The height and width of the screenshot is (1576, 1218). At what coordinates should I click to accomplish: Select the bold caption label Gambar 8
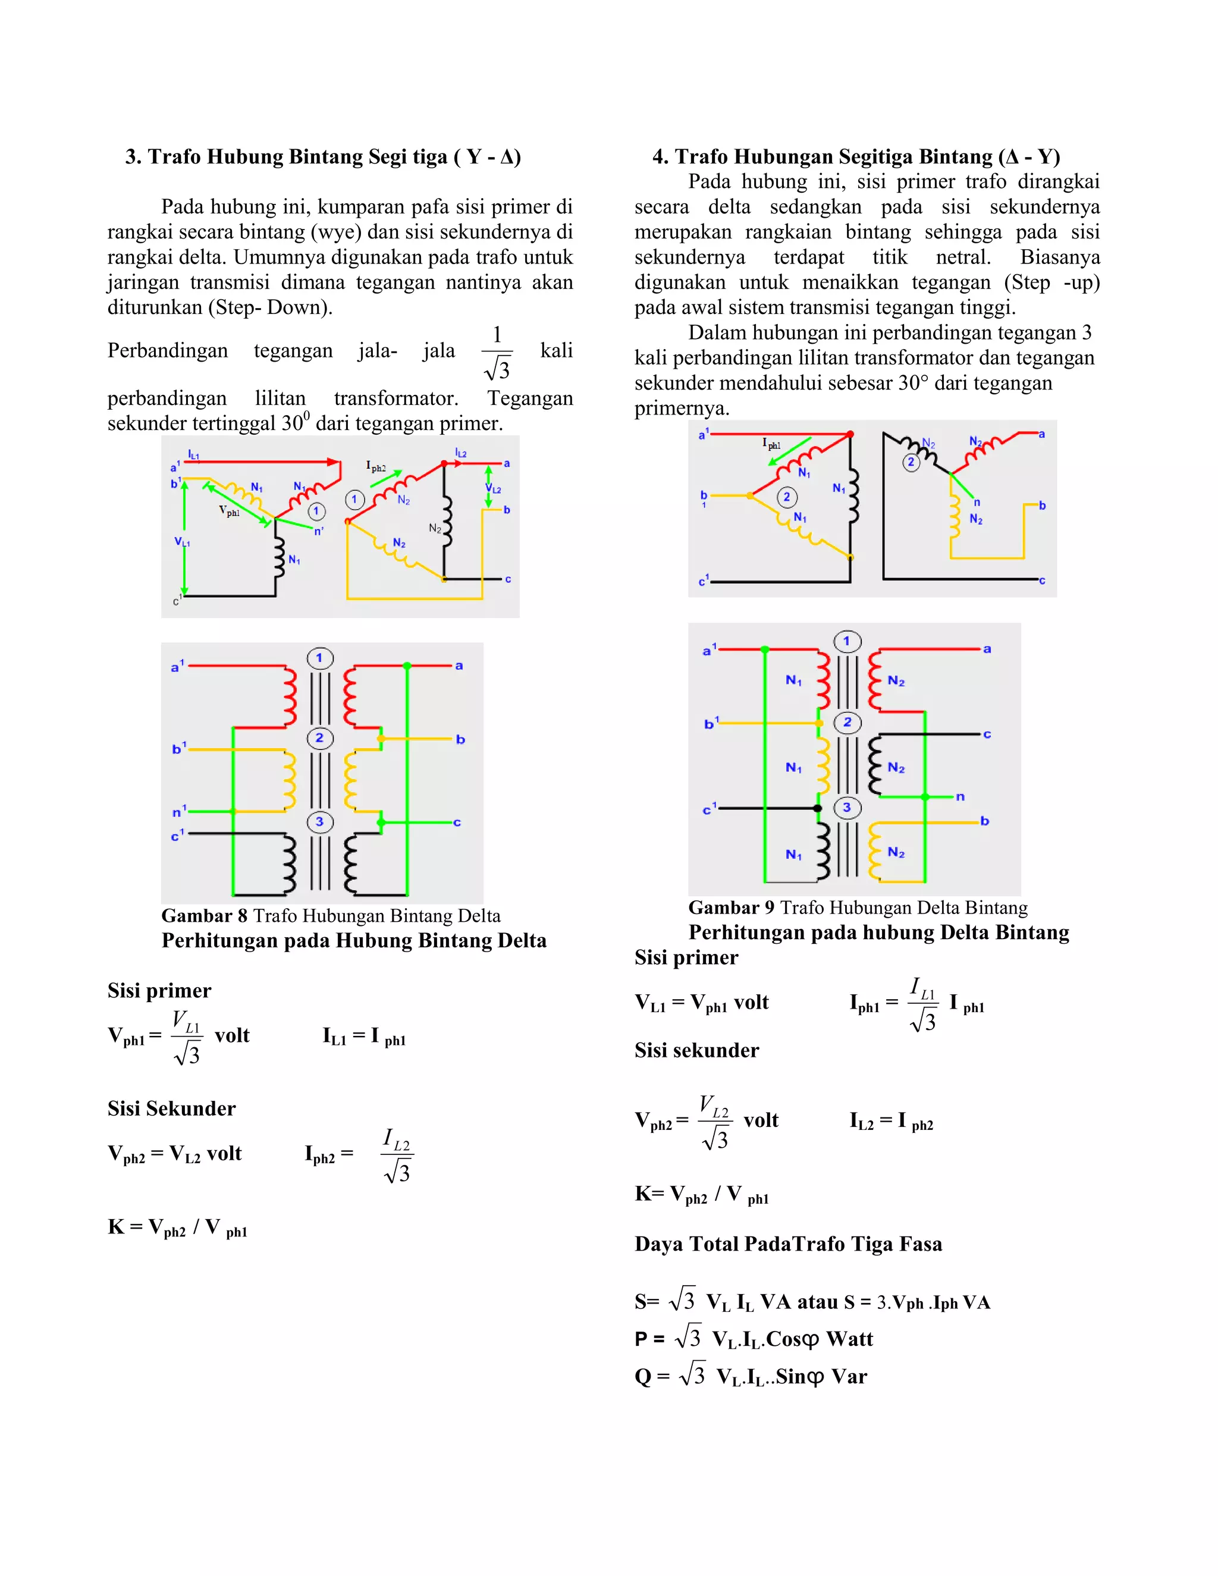[204, 916]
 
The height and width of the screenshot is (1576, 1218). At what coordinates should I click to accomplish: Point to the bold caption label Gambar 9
[731, 908]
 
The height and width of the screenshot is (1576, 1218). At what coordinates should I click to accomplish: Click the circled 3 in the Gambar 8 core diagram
[319, 822]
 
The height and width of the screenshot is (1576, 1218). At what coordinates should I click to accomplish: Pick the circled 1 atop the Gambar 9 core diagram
[846, 641]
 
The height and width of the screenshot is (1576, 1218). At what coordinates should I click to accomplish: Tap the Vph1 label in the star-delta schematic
[230, 511]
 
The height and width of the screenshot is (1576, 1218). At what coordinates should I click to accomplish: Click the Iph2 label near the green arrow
[376, 467]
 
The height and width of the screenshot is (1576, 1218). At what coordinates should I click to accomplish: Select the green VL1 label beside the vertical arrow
[182, 542]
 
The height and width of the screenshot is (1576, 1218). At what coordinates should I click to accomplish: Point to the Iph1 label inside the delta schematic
[771, 444]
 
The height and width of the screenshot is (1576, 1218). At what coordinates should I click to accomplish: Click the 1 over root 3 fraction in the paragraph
[497, 353]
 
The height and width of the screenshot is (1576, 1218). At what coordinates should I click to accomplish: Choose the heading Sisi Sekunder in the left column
[172, 1109]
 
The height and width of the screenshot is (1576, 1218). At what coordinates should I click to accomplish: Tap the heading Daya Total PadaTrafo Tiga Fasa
[788, 1244]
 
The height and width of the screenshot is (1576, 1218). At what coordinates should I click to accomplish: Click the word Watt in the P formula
[849, 1339]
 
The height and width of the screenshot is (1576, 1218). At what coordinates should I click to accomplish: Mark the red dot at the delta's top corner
[850, 434]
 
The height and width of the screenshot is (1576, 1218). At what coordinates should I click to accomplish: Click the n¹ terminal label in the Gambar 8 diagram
[179, 812]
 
